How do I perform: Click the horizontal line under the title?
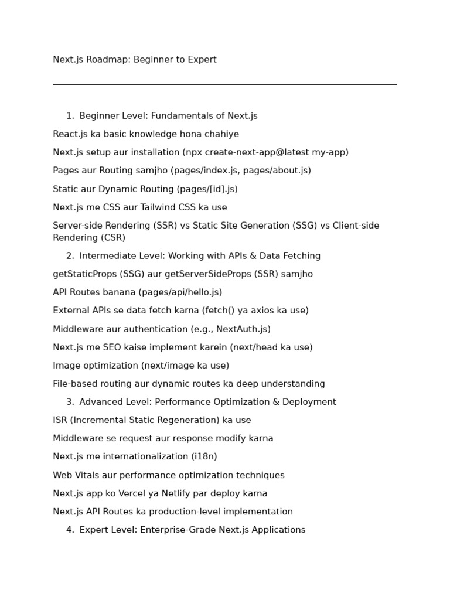(x=224, y=84)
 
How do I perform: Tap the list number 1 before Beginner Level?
(x=69, y=116)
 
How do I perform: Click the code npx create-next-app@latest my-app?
(x=265, y=152)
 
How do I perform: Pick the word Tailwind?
(x=159, y=207)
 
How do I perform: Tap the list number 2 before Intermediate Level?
(x=69, y=256)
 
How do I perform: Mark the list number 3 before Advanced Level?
(x=69, y=402)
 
